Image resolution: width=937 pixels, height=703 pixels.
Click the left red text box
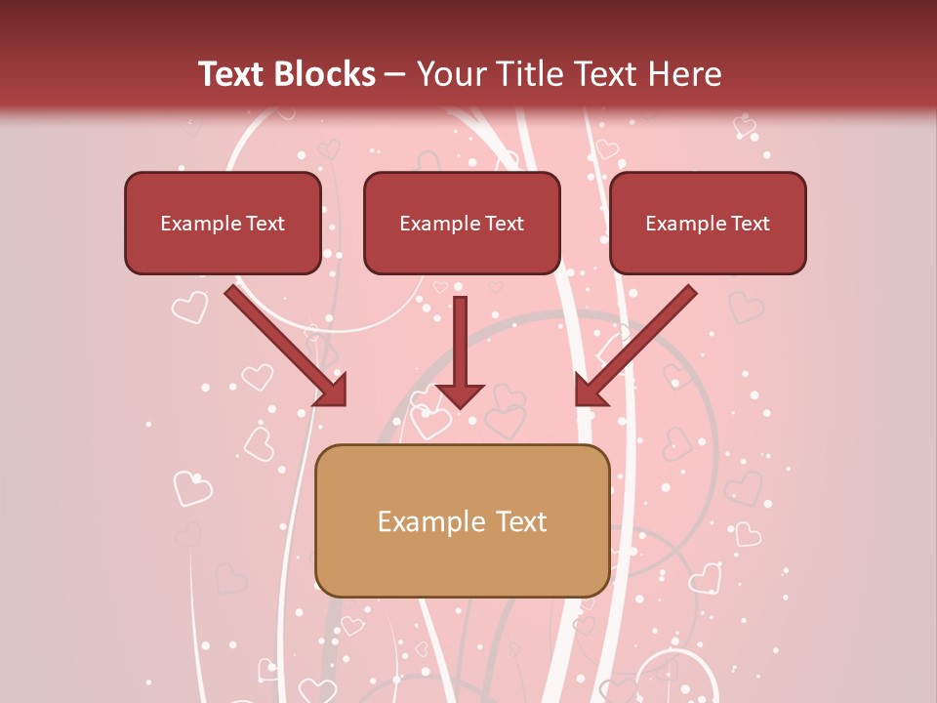coord(223,224)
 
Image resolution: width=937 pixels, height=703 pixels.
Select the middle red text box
coord(462,224)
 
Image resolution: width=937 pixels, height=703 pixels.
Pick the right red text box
coord(708,224)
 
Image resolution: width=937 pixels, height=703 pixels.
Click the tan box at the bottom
coord(462,520)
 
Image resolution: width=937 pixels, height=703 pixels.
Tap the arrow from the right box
coord(639,343)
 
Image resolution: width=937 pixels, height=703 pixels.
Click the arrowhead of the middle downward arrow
coord(460,394)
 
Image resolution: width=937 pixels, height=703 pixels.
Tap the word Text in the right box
coord(751,224)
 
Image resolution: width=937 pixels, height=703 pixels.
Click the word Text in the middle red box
coord(505,224)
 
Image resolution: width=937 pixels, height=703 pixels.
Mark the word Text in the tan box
coord(522,521)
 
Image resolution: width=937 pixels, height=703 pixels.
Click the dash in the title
coord(395,74)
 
